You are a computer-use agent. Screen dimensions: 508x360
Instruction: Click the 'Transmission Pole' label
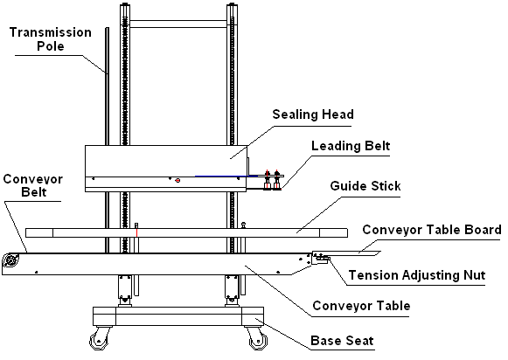pos(50,39)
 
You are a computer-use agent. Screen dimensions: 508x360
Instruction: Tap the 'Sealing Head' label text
pos(313,114)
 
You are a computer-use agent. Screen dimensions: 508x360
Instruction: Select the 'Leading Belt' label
pos(351,146)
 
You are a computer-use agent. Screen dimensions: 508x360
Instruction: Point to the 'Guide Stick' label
pos(365,186)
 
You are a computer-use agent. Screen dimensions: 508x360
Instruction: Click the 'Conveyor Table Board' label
pos(432,230)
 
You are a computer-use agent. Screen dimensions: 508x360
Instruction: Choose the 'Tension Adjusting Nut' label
pos(417,275)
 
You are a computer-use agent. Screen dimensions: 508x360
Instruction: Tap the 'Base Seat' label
pos(342,341)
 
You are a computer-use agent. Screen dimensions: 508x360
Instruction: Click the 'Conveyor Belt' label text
pos(32,185)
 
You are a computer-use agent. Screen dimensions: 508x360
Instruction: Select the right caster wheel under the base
pos(258,340)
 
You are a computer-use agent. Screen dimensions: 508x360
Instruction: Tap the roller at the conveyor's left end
pos(10,260)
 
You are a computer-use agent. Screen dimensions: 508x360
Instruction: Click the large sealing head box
pos(166,169)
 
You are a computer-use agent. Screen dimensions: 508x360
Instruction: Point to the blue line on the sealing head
pos(226,177)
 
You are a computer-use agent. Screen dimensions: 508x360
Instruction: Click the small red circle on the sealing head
pos(177,180)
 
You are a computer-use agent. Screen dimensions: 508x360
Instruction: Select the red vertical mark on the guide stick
pos(136,232)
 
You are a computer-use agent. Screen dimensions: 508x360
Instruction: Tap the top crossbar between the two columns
pos(178,24)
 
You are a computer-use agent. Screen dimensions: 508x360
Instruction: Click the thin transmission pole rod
pos(107,139)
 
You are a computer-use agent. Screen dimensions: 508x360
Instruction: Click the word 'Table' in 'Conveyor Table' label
pos(393,306)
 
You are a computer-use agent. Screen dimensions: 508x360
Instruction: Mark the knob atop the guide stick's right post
pos(243,224)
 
